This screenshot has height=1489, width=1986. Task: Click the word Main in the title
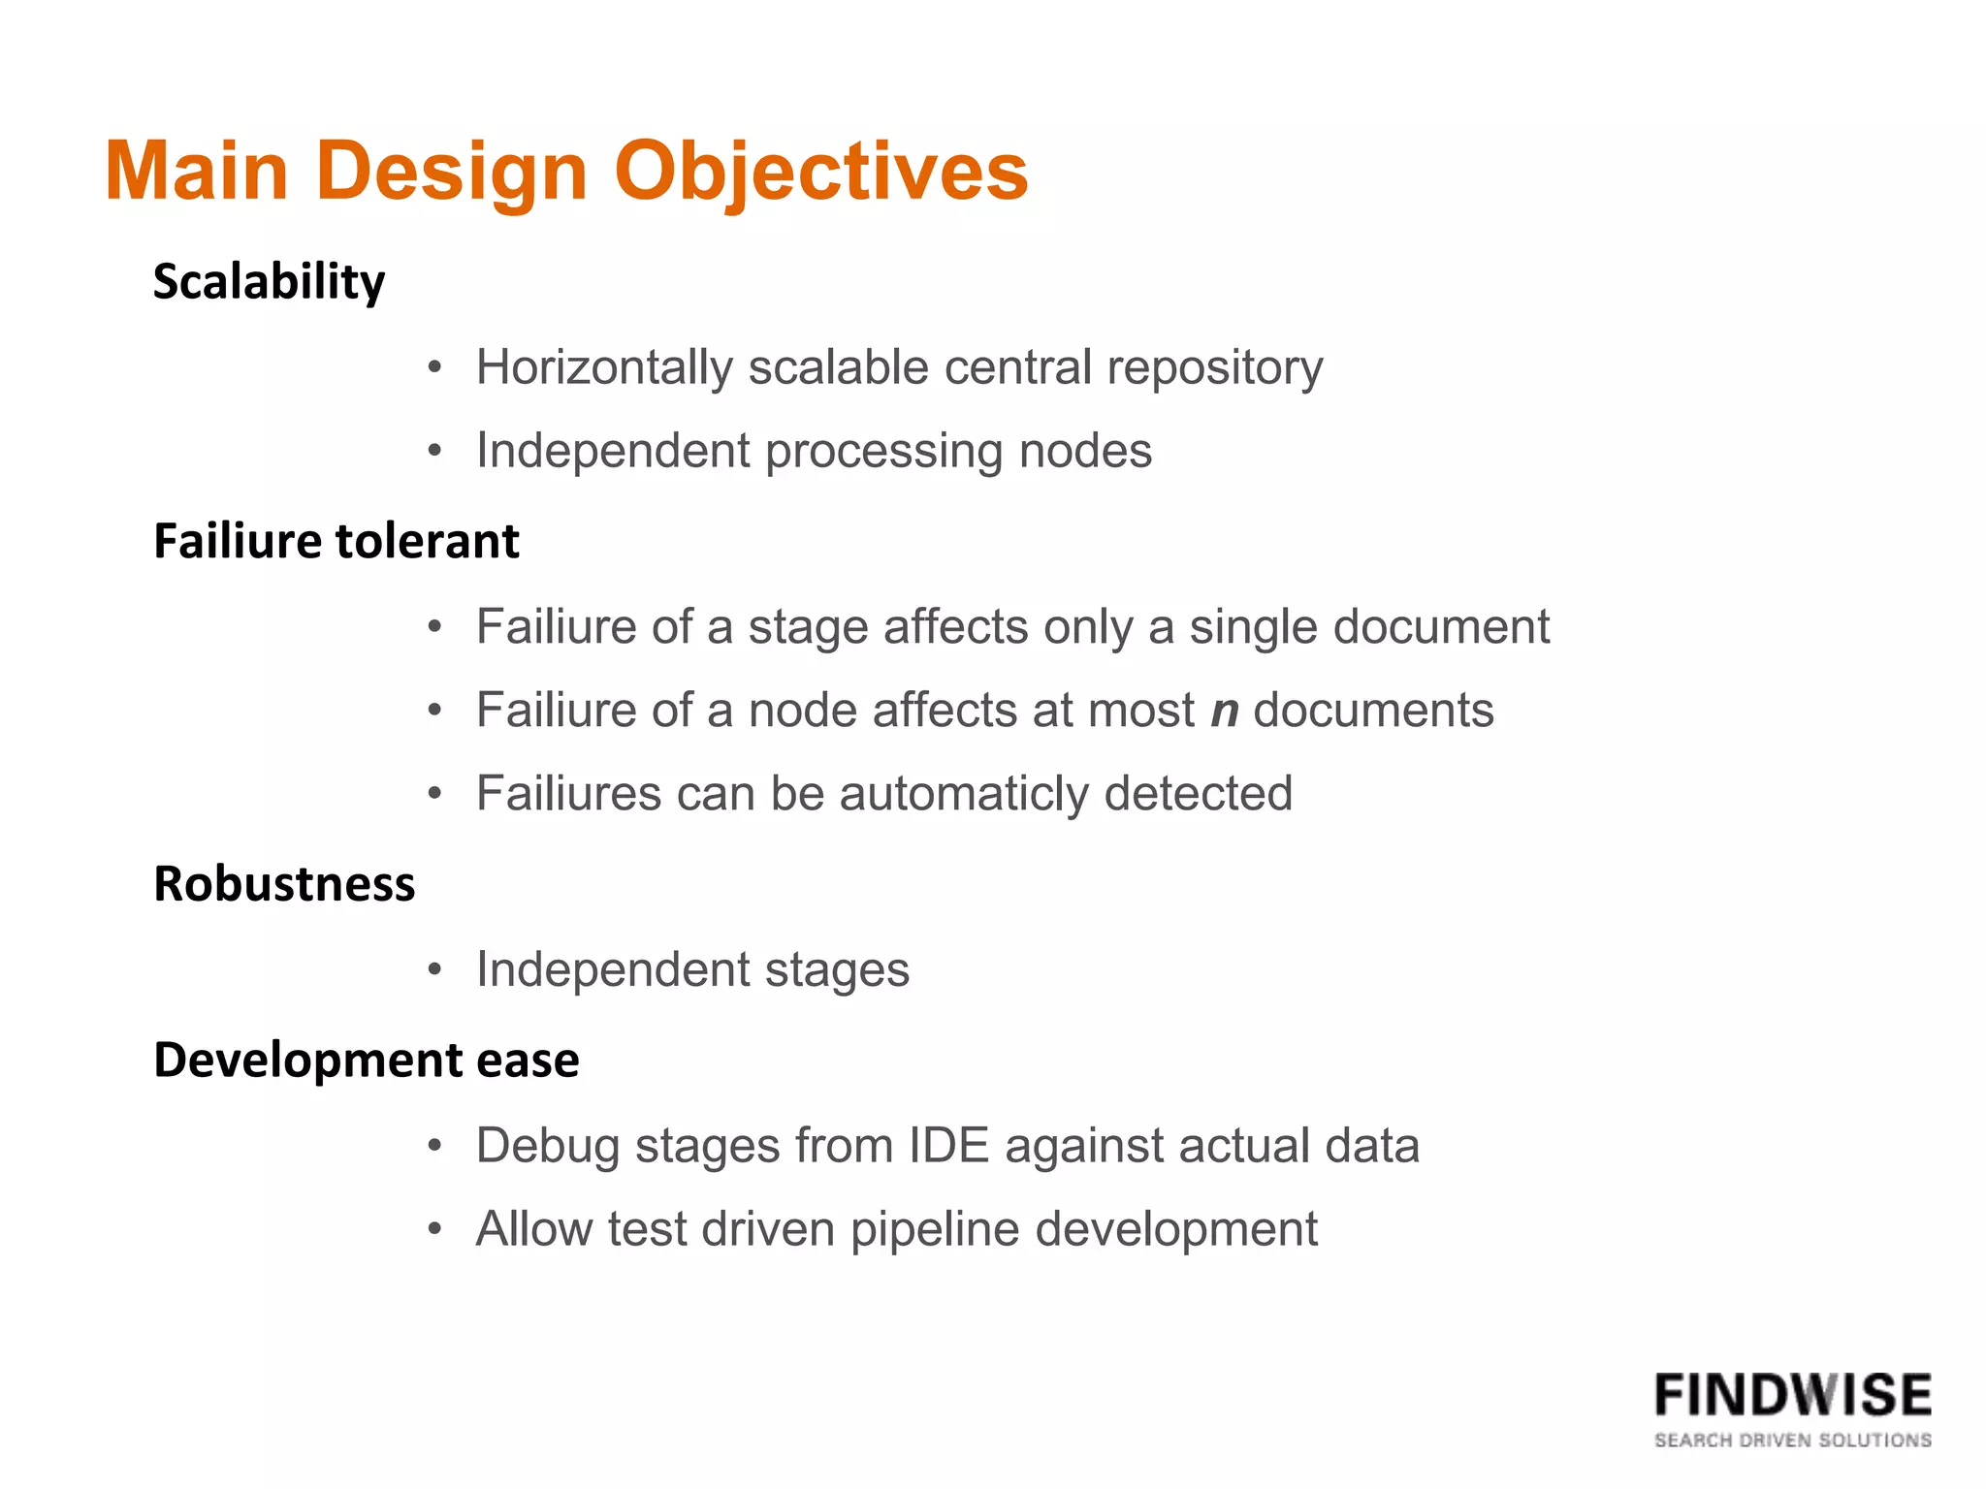197,172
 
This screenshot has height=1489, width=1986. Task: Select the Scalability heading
269,282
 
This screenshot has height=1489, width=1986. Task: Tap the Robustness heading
284,884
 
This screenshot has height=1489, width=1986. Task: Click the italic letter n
1225,711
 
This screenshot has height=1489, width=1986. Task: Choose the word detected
1199,794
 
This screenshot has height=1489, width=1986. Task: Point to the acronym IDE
948,1146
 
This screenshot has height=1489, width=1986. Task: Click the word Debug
547,1146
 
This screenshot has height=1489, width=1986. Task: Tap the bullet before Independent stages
435,969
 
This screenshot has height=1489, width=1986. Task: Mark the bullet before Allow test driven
435,1229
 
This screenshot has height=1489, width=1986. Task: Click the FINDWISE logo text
1792,1396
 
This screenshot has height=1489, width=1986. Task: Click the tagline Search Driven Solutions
1792,1441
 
